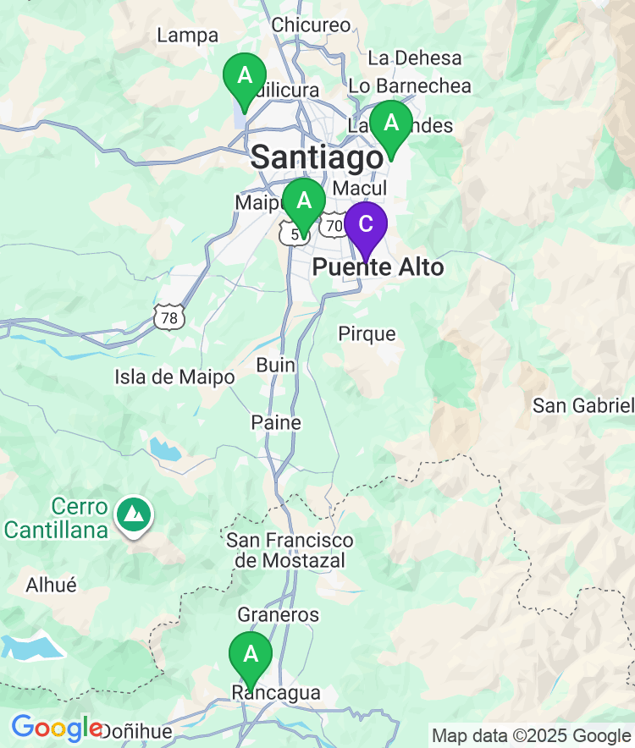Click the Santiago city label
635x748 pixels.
[x=317, y=157]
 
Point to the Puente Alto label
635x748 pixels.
[x=378, y=267]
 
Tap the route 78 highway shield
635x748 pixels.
[x=169, y=317]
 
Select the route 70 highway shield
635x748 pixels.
[x=334, y=226]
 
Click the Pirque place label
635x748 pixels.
[x=367, y=333]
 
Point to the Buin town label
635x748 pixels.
[x=276, y=365]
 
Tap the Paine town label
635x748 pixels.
[x=276, y=421]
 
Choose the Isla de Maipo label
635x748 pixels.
[x=174, y=377]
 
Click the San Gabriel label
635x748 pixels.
[x=583, y=405]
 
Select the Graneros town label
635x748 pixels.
[x=279, y=614]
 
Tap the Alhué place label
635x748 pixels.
[x=52, y=585]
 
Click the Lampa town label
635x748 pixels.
[x=188, y=36]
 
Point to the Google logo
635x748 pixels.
[x=56, y=728]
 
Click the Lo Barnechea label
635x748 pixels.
[x=410, y=85]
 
